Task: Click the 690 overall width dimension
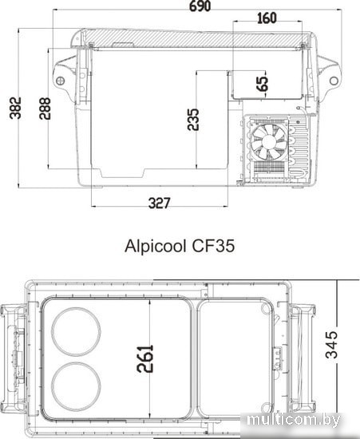coord(200,6)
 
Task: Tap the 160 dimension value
coord(267,18)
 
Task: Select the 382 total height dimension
coord(15,108)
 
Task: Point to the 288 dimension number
coord(45,109)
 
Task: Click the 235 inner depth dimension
coord(193,120)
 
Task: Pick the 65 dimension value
coord(263,84)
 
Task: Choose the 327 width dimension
coord(159,204)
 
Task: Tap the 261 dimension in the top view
coord(145,358)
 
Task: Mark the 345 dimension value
coord(332,345)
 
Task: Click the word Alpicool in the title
coord(156,247)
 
